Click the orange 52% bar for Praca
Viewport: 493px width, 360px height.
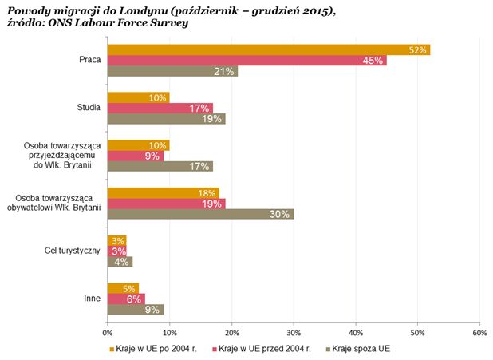coord(268,49)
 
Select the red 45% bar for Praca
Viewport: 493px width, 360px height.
coord(246,60)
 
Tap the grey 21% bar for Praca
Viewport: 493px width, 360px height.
coord(172,71)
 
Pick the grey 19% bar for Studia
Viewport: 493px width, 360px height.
coord(166,118)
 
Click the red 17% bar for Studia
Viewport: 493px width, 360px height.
coord(160,108)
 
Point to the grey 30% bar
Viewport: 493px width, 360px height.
coord(200,213)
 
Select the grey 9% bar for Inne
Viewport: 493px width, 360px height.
coord(135,309)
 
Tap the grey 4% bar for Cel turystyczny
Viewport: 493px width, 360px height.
coord(120,261)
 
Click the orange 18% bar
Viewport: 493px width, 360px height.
coord(163,192)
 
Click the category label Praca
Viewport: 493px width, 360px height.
coord(89,60)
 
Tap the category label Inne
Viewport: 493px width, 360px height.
coord(92,299)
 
